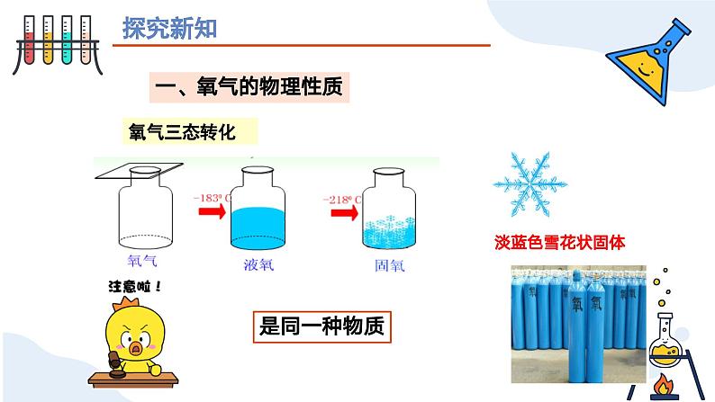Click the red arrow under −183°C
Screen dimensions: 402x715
click(213, 212)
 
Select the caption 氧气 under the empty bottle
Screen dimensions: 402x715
click(144, 262)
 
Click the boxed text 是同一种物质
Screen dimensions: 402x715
click(321, 326)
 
